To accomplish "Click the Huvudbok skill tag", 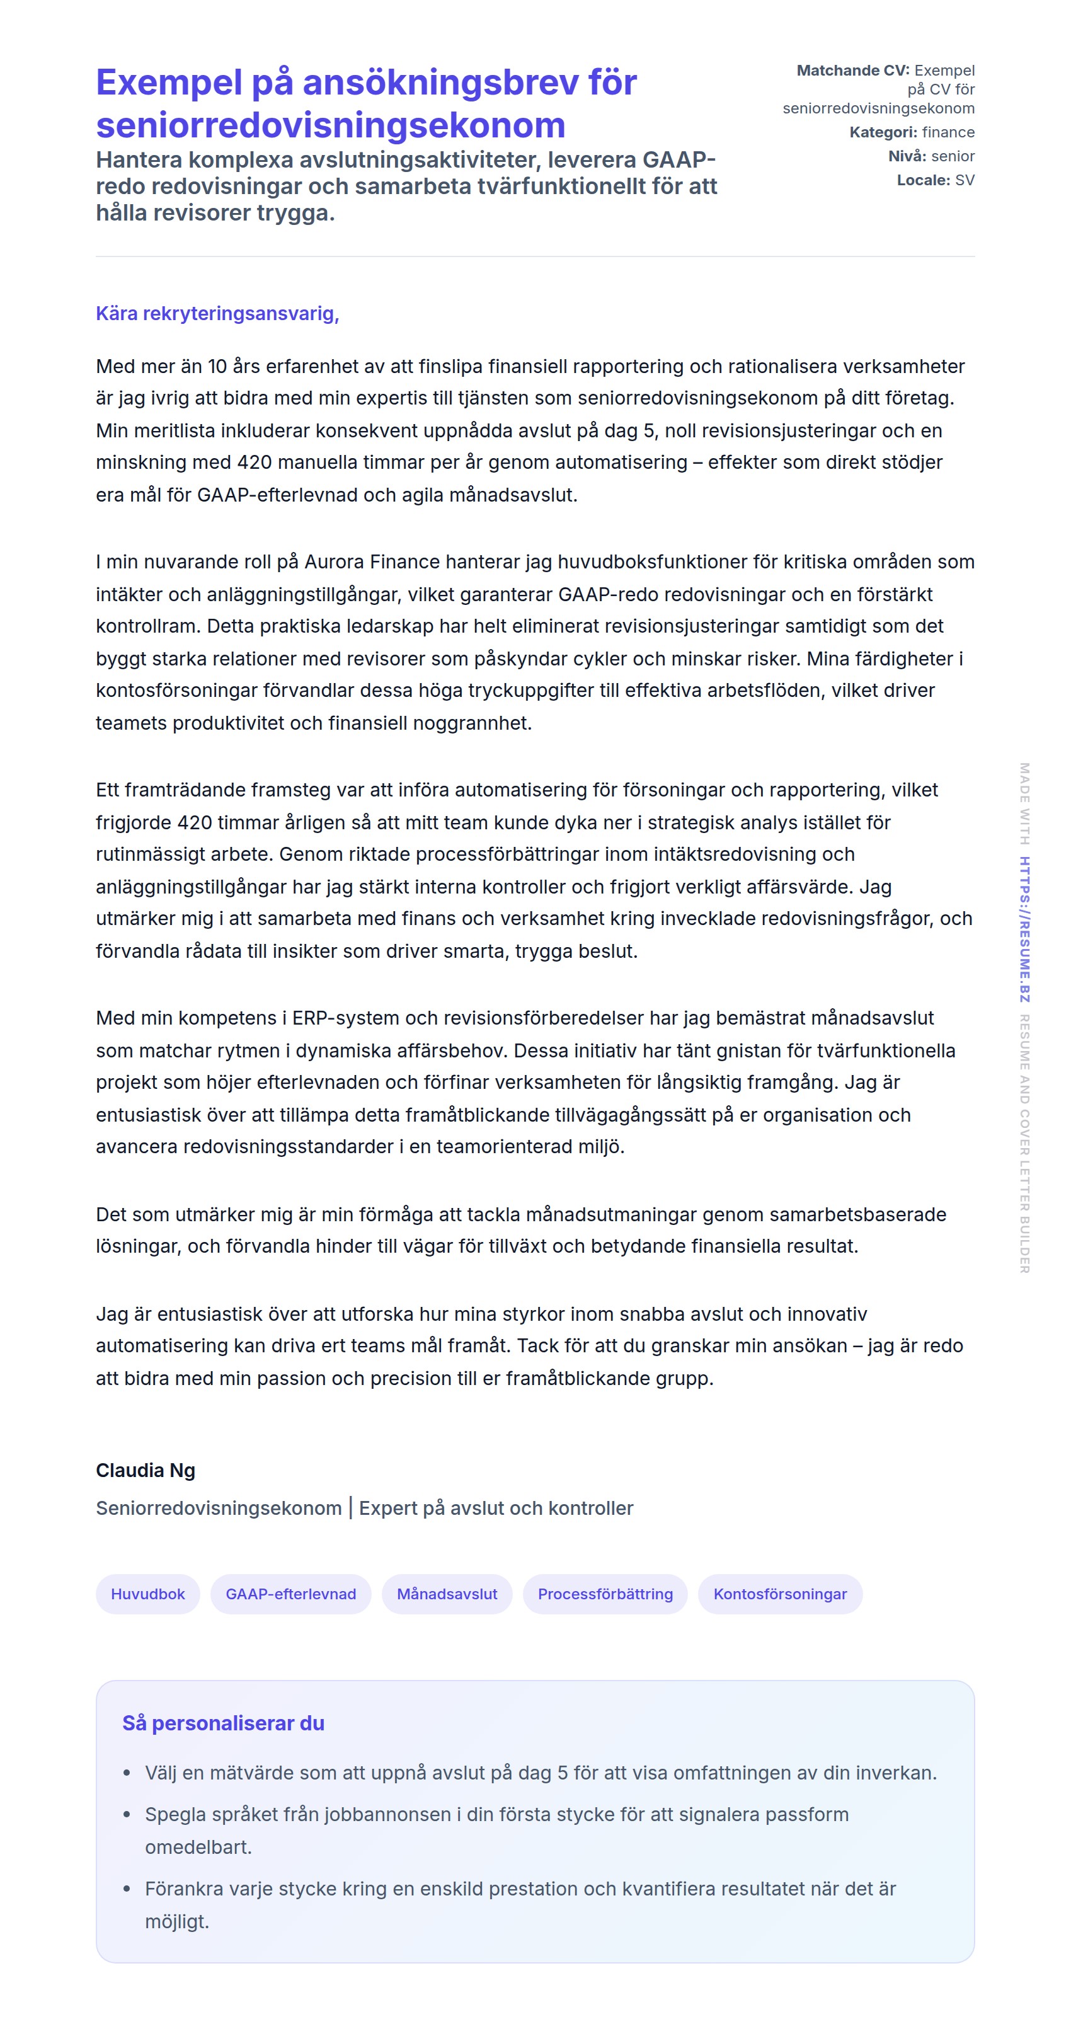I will tap(147, 1594).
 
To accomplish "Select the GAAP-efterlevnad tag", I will tap(290, 1594).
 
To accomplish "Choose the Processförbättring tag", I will tap(604, 1594).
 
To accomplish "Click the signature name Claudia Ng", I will tap(146, 1470).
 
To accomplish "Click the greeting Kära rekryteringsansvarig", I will tap(217, 314).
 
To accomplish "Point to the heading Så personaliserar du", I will tap(223, 1723).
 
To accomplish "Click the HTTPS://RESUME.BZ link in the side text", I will tap(1024, 929).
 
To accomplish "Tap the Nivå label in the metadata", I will tap(907, 156).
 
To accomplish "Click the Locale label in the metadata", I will tap(924, 180).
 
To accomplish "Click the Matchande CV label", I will tap(852, 71).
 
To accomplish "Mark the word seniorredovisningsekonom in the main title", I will tap(330, 125).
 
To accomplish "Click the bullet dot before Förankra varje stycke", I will tap(127, 1889).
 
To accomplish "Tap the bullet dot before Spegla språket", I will tap(127, 1815).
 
